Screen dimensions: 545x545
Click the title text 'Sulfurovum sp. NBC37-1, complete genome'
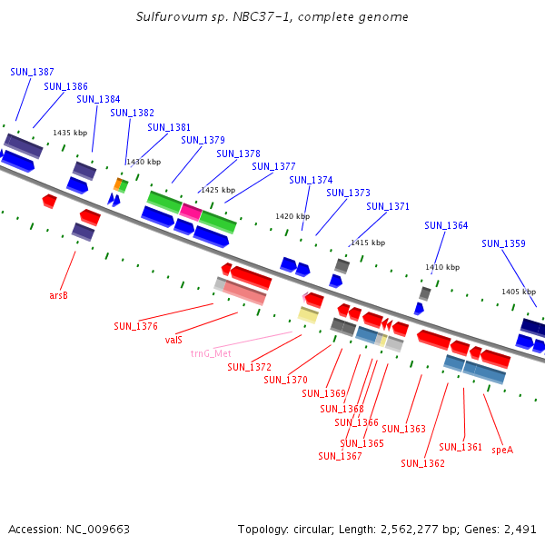272,16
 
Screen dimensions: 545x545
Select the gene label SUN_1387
32,72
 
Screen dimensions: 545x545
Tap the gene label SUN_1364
446,225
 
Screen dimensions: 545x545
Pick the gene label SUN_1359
503,243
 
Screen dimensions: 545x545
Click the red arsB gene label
59,295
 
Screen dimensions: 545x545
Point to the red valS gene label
173,340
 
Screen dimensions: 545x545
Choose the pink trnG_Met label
211,353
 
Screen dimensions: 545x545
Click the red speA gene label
502,450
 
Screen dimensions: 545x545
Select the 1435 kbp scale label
70,133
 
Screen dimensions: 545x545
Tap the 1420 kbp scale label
292,216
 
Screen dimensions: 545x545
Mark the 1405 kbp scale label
519,292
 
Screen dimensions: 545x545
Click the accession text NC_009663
69,529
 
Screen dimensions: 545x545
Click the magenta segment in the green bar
191,212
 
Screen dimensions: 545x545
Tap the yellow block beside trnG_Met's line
308,315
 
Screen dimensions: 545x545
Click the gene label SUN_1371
388,206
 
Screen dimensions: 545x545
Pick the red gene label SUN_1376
135,326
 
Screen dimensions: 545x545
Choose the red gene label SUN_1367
340,456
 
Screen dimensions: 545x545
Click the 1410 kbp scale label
442,267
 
